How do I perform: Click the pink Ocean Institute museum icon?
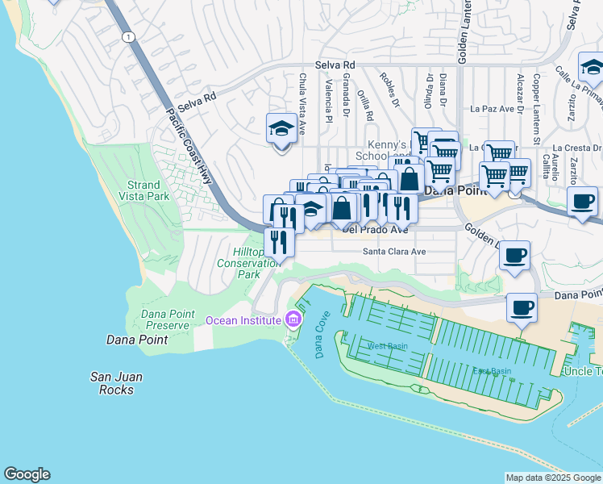tap(293, 320)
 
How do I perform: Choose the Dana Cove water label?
tap(318, 338)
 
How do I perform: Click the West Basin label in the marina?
tap(388, 346)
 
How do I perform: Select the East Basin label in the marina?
tap(492, 371)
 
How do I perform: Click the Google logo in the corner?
tap(27, 474)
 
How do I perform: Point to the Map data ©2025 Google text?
tap(552, 478)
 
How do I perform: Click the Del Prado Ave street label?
tap(376, 229)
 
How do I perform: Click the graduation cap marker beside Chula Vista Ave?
tap(281, 129)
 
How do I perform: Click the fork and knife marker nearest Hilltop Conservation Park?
tap(279, 242)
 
